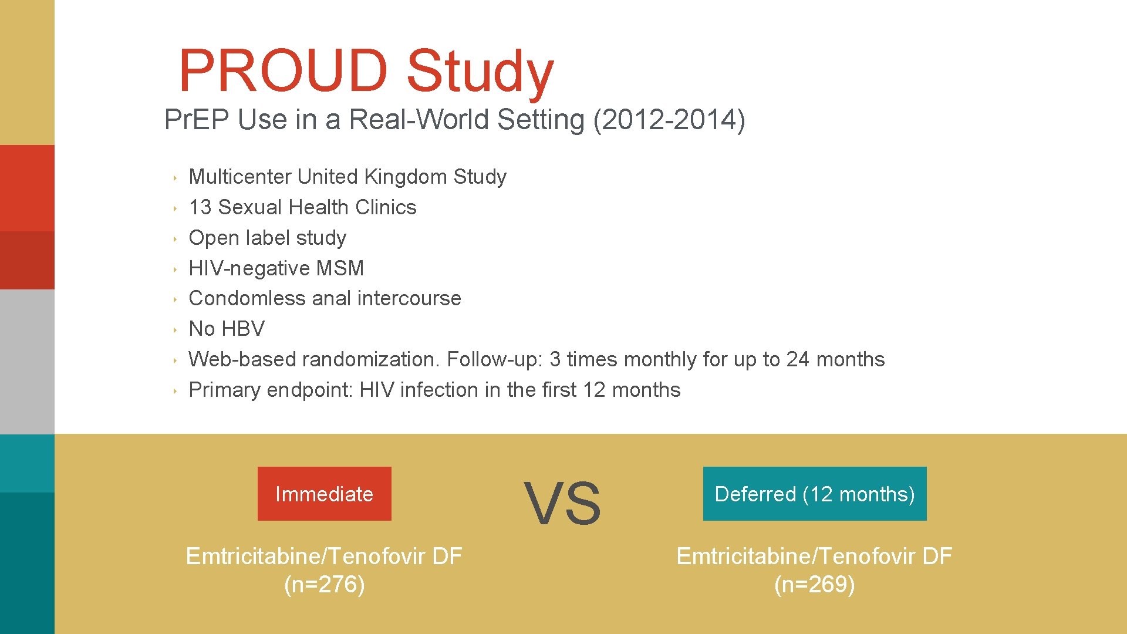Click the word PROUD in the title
click(x=282, y=70)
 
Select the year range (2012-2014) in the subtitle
click(x=669, y=120)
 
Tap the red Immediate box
click(x=324, y=494)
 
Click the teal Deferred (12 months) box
click(x=814, y=494)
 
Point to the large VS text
click(x=562, y=503)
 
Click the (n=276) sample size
click(x=324, y=585)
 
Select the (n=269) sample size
click(x=814, y=585)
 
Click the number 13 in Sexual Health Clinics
click(x=200, y=207)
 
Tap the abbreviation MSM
click(x=340, y=268)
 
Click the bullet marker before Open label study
click(x=175, y=239)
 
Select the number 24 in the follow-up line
click(x=798, y=359)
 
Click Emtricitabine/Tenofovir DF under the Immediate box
click(x=324, y=556)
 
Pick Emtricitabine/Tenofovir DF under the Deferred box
click(x=814, y=556)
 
